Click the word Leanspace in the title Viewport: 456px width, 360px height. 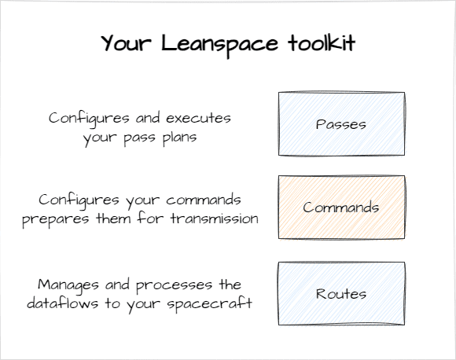pos(219,45)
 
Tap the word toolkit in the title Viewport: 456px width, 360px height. pos(322,43)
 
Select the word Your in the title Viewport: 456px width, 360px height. pos(127,43)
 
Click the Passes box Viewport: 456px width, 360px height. pos(341,124)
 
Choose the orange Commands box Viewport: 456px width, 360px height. pos(341,208)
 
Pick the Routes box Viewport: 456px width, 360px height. pos(341,293)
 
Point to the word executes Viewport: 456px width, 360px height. pos(198,118)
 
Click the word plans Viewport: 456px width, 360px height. pos(179,138)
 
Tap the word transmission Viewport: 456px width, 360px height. pos(215,219)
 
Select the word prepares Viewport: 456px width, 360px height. pos(55,219)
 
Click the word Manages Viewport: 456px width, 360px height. pos(68,285)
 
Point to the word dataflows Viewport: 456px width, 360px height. pos(63,303)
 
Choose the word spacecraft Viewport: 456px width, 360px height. pos(209,304)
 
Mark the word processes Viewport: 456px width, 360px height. pos(174,286)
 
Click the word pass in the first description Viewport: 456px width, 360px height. pos(139,138)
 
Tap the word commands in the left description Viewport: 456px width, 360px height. pos(204,200)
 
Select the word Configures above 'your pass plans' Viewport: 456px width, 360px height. pos(89,119)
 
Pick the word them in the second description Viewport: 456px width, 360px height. pos(113,218)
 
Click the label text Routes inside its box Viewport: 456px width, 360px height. pos(341,293)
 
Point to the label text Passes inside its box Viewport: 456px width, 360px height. pos(341,124)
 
